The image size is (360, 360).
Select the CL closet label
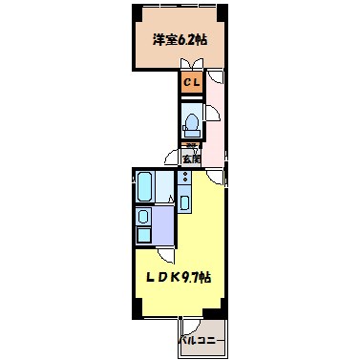(191, 84)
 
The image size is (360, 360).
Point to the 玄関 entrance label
(193, 159)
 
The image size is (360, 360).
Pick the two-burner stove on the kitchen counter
(184, 179)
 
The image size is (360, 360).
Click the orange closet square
(191, 84)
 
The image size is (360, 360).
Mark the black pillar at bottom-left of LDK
(136, 309)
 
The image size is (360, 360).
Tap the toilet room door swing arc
(211, 113)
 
